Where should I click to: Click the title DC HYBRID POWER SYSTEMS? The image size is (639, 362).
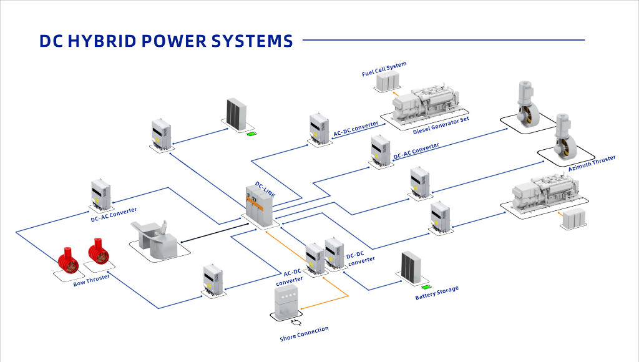point(165,41)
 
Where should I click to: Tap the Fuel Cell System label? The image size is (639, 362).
point(384,69)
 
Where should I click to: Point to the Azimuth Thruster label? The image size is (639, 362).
point(592,164)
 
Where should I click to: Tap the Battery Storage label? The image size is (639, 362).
point(437,293)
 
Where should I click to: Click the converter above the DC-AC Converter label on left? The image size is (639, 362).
point(100,195)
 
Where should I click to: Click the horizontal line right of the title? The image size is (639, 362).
point(443,41)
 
